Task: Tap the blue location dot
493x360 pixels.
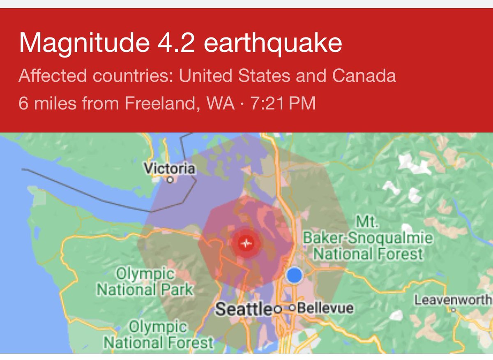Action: [294, 275]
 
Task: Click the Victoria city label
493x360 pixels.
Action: [169, 168]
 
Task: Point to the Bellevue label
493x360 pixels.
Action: [325, 308]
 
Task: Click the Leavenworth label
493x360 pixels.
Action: [453, 300]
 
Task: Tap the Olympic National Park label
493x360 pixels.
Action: [145, 282]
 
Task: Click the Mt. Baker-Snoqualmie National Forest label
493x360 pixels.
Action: [368, 238]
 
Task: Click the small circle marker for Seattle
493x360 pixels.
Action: [278, 309]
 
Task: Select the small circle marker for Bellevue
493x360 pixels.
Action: [293, 308]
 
